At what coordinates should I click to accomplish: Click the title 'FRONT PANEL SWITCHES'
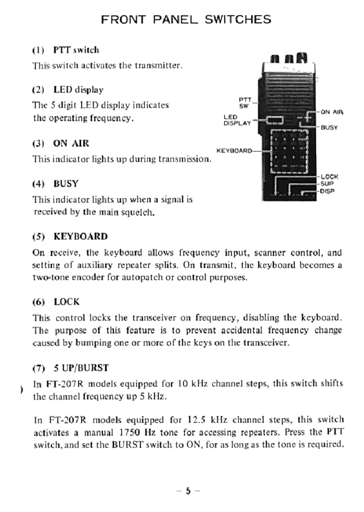coord(186,20)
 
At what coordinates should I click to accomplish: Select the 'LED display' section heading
coord(78,89)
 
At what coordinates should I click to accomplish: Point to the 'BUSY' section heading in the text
coord(66,184)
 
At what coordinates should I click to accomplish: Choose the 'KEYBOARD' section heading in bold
coord(81,236)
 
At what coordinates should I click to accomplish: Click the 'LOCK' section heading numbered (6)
coord(67,302)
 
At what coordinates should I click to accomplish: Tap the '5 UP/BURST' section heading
coord(81,367)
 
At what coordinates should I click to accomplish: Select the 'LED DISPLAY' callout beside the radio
coord(236,120)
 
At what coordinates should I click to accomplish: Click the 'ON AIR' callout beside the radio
coord(332,111)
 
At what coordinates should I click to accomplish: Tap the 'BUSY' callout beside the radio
coord(329,128)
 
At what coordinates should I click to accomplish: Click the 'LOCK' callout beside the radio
coord(329,176)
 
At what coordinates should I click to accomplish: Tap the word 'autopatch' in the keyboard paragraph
coord(138,277)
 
